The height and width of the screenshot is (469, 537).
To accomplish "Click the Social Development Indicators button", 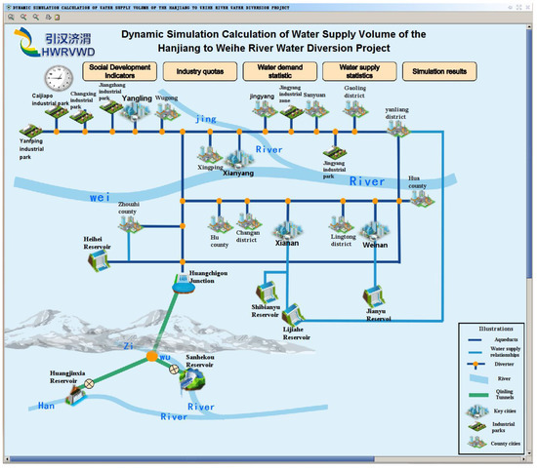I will pyautogui.click(x=115, y=70).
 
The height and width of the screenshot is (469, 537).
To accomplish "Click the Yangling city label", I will pyautogui.click(x=136, y=98).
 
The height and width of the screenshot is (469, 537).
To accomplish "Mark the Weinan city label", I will pyautogui.click(x=375, y=245).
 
